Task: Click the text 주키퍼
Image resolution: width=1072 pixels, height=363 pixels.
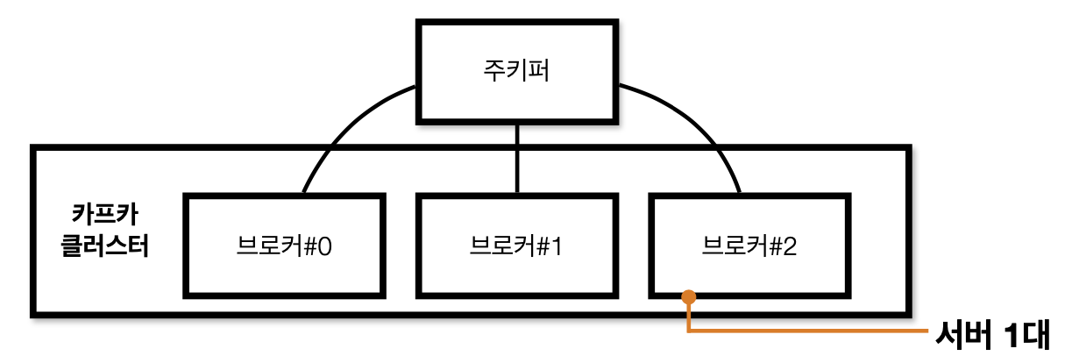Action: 517,70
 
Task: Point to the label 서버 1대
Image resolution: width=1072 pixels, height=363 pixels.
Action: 998,335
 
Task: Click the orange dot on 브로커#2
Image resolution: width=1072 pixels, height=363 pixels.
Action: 689,297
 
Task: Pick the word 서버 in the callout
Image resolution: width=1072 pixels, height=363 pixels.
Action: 961,335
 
